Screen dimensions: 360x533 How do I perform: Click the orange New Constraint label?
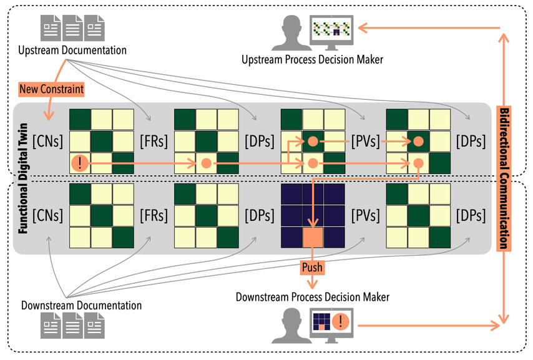click(51, 89)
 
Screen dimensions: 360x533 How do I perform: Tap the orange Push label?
click(311, 266)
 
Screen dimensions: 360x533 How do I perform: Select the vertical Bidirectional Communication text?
click(504, 178)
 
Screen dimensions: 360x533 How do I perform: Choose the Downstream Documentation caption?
click(81, 306)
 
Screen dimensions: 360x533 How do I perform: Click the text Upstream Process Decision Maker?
click(312, 59)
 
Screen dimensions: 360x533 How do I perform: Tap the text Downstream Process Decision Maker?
click(312, 297)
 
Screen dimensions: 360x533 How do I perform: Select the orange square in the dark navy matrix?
click(311, 236)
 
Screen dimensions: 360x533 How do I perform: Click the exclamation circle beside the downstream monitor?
click(341, 323)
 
